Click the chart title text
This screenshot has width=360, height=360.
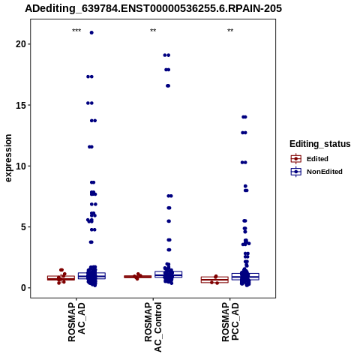coord(153,8)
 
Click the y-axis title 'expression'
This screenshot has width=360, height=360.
coord(8,158)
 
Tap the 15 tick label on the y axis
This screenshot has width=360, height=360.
coord(21,105)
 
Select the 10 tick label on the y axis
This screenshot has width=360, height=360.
coord(21,166)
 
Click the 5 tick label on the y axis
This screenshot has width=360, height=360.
coord(24,227)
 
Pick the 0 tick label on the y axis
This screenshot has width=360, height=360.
coord(24,288)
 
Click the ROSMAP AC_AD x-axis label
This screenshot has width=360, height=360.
coord(76,322)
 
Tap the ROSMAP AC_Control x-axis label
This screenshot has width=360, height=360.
coord(153,327)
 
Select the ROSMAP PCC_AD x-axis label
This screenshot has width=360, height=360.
coord(230,322)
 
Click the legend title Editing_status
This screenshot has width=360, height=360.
coord(320,144)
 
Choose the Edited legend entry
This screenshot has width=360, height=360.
coord(310,159)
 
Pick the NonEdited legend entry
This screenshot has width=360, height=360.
coord(316,172)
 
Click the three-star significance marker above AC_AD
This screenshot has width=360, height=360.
coord(76,31)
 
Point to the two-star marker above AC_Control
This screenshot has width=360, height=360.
coord(153,31)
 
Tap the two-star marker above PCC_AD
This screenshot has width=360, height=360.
coord(230,31)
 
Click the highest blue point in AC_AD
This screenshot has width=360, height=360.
coord(91,32)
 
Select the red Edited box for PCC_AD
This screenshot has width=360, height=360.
coord(214,280)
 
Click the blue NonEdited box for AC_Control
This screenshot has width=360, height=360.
coord(169,274)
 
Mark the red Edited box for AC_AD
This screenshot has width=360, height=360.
coord(61,278)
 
